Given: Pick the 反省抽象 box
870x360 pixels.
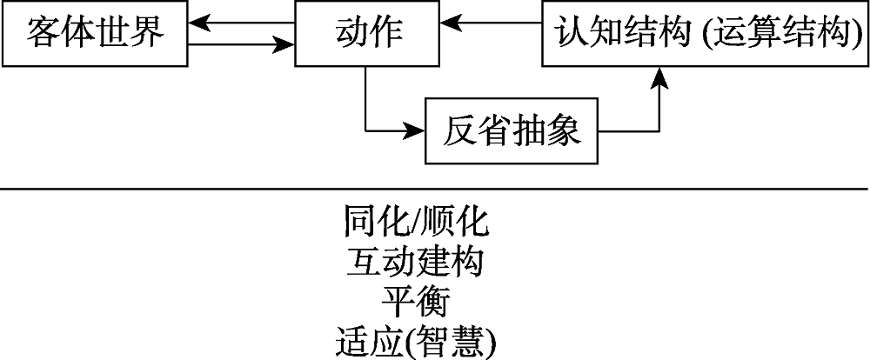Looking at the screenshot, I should point(512,132).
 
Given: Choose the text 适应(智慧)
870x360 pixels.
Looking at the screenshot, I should point(418,342).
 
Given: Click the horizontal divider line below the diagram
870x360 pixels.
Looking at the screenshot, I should point(435,188).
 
